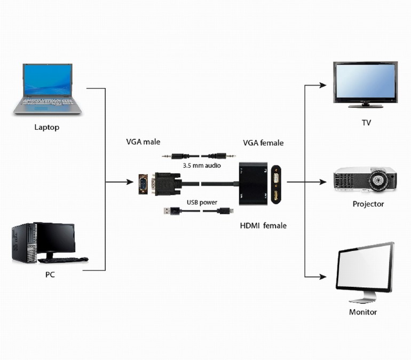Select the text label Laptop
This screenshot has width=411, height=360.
coord(47,127)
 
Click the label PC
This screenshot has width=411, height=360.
coord(50,275)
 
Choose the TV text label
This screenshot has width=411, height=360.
coord(366,123)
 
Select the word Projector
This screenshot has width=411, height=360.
coord(368,204)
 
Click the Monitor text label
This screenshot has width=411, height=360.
coord(363,312)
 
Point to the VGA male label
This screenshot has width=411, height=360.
coord(143,142)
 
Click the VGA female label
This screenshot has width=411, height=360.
coord(263,143)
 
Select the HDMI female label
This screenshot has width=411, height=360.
coord(263,225)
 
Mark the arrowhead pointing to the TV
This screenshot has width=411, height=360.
coord(322,84)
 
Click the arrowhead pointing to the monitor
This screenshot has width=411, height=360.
coord(322,277)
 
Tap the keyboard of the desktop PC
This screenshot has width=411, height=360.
coord(63,260)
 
